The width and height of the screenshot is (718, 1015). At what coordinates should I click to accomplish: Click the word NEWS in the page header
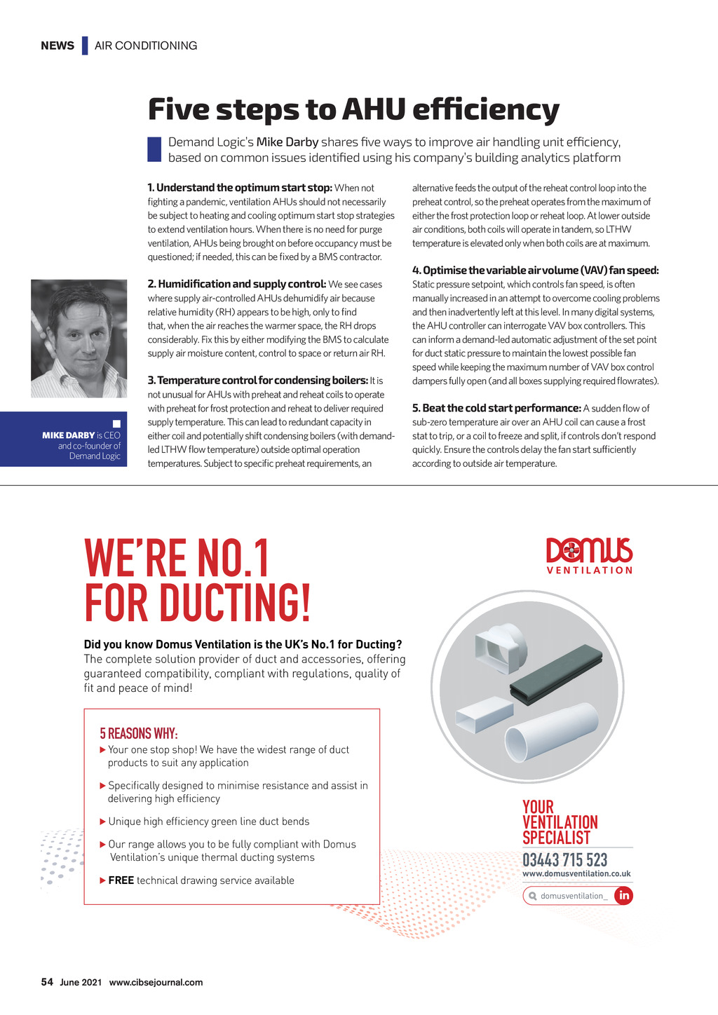click(57, 46)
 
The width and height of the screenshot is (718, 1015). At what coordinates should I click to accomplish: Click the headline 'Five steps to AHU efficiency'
click(353, 109)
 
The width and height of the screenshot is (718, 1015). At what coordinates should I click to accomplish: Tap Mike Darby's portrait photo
click(79, 339)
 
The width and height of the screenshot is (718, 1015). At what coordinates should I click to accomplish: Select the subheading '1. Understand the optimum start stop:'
click(240, 188)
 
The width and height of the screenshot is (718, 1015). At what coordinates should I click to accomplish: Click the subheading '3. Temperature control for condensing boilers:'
click(257, 381)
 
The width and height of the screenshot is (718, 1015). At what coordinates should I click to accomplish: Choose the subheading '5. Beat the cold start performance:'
click(496, 408)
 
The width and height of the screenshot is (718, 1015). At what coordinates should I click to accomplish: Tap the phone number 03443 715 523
click(565, 860)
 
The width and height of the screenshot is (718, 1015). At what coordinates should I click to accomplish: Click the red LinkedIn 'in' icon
click(623, 896)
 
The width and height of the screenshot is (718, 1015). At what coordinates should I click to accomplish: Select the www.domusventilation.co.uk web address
click(576, 874)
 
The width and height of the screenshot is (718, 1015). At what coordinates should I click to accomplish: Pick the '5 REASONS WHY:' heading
click(139, 733)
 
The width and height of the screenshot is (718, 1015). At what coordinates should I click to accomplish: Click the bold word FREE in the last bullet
click(121, 880)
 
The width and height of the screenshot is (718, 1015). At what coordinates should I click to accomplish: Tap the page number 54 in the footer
click(47, 982)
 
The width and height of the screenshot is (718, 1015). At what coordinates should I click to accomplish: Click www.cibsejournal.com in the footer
click(156, 983)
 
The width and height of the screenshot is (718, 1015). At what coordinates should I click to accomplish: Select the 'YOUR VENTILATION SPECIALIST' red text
click(560, 822)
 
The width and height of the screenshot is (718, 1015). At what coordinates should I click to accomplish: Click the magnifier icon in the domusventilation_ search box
click(533, 896)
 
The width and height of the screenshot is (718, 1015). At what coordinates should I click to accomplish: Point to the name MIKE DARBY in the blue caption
click(68, 435)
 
